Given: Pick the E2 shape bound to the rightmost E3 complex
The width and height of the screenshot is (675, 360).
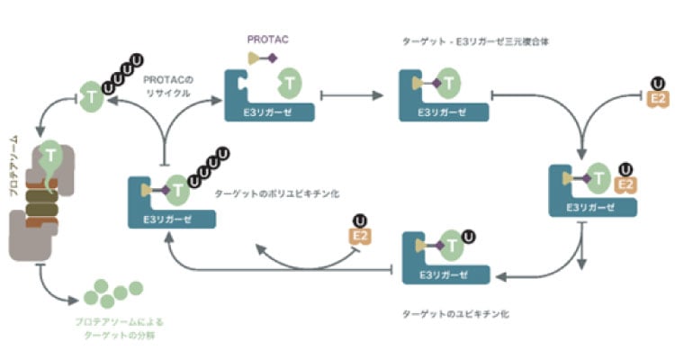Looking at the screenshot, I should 624,185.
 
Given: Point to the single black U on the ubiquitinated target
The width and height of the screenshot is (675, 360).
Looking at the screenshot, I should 468,238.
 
